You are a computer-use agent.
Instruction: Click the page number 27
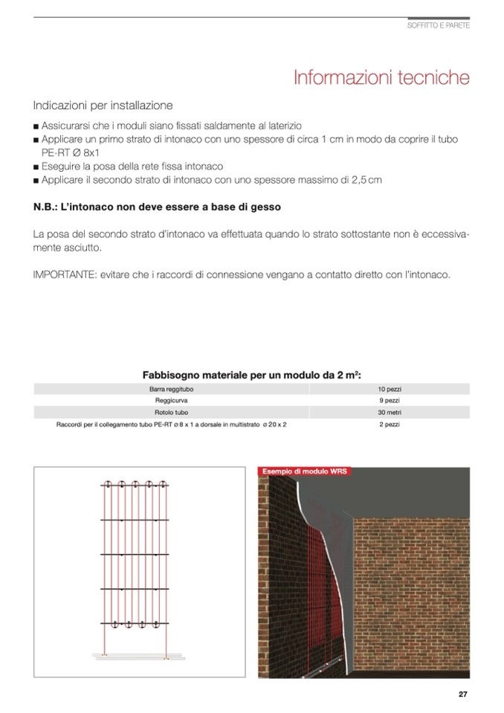tap(462, 694)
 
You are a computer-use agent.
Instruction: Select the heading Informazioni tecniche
tap(381, 77)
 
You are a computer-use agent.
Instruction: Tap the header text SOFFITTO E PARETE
tap(439, 26)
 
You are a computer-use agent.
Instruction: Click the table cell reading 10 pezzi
tap(390, 389)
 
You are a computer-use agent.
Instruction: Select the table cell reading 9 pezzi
tap(390, 400)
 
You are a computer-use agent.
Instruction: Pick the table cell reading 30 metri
tap(390, 411)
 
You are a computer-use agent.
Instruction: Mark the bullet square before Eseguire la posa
tap(36, 167)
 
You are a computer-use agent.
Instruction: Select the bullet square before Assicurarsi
tap(36, 127)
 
